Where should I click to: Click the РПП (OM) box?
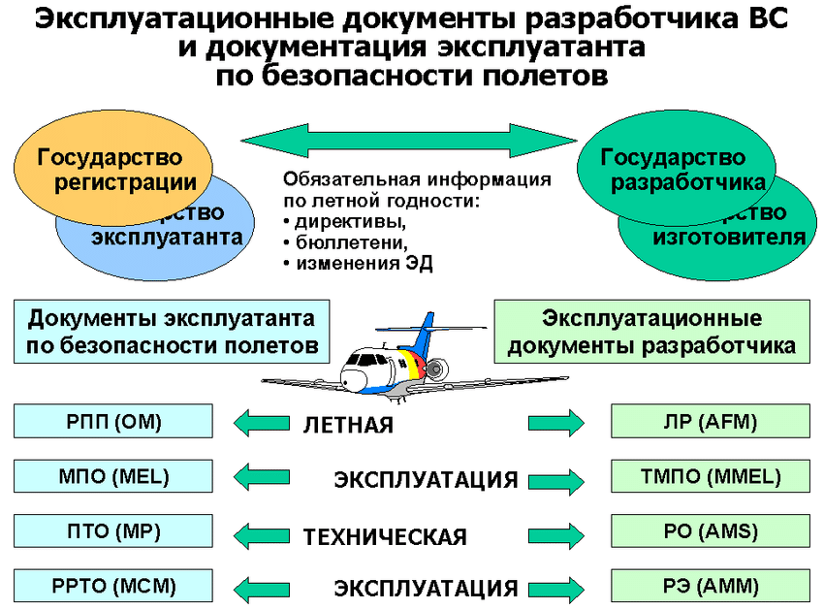114,422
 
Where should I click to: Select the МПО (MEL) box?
114,476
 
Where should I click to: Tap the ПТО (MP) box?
114,531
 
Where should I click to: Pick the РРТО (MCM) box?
114,586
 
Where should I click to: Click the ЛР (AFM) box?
711,422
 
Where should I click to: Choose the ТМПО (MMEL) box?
711,476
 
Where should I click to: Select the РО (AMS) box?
711,531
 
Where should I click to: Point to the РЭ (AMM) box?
711,586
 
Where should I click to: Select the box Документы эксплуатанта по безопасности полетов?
172,332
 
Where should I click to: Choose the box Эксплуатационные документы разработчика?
651,332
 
